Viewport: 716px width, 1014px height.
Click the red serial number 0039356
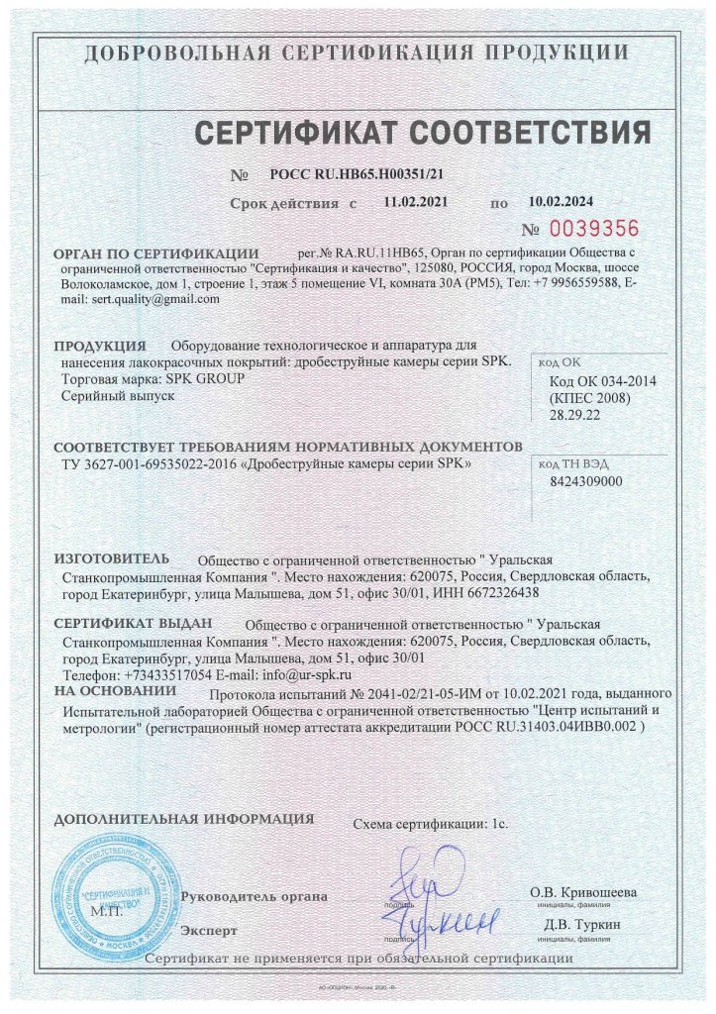[x=594, y=228]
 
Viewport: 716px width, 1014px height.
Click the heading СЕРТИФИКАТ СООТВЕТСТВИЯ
[x=422, y=132]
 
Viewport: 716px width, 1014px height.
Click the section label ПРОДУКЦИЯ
[x=100, y=347]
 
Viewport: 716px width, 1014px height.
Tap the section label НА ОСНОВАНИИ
[x=108, y=690]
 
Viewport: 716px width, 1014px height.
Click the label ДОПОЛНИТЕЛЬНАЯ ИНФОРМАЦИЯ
[x=184, y=819]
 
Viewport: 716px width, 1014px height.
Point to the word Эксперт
[x=209, y=931]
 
